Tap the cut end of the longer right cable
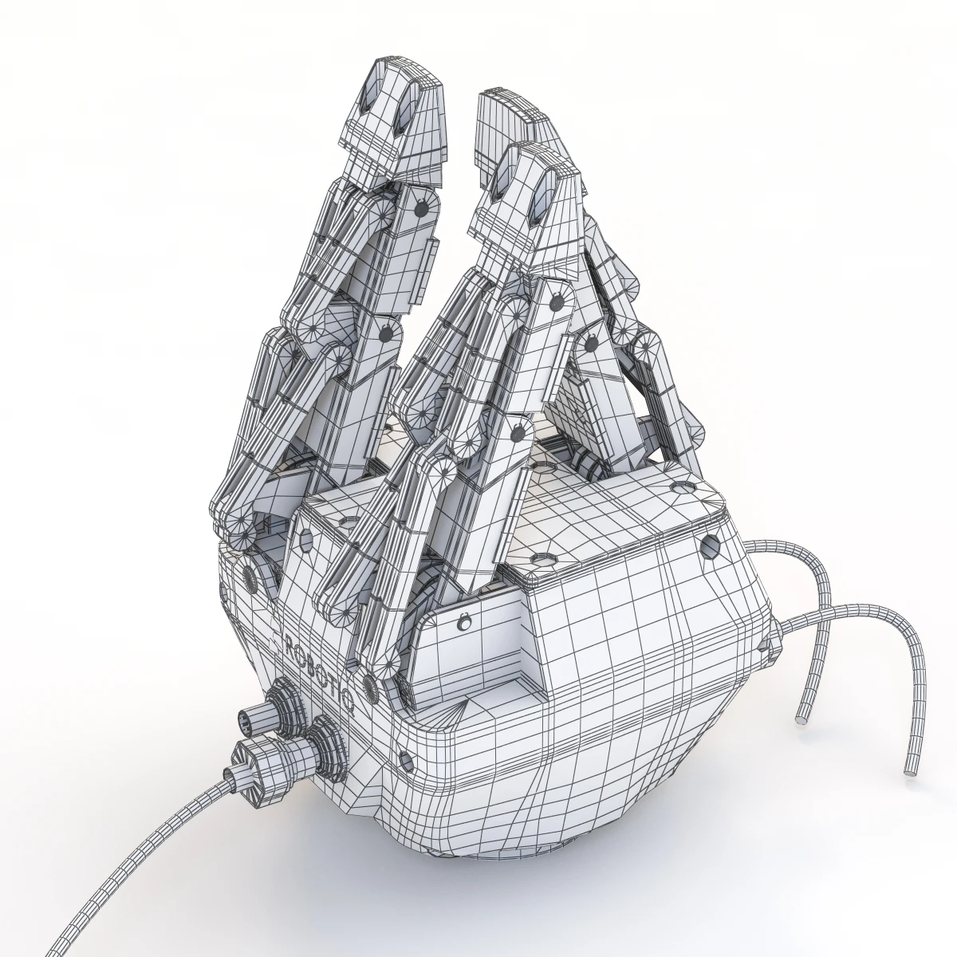click(909, 772)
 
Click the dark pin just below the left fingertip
click(421, 207)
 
